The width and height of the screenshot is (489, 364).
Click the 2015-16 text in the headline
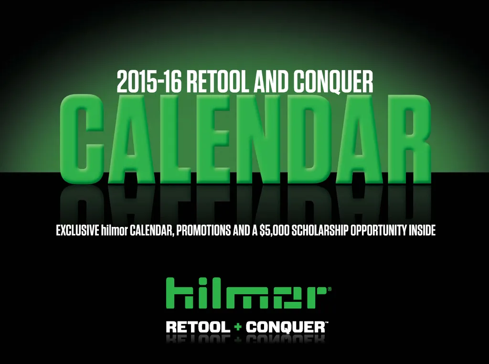149,82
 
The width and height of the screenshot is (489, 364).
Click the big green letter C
83,139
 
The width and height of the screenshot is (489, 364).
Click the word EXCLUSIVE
78,231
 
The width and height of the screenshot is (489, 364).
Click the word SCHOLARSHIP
319,231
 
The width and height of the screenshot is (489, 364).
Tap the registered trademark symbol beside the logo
330,289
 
